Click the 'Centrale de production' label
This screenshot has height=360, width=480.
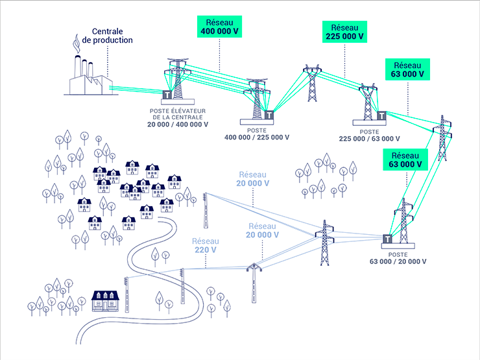point(112,36)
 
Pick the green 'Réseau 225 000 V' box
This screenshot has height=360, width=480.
point(344,32)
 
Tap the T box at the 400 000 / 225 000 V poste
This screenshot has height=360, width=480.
point(268,115)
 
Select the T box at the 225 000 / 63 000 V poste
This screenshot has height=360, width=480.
point(381,117)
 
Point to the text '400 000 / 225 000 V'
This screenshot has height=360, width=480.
point(257,138)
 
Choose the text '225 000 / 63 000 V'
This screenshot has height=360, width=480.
point(370,139)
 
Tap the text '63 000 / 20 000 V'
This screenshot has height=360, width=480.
point(399,262)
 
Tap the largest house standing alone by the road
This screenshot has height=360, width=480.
point(106,300)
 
